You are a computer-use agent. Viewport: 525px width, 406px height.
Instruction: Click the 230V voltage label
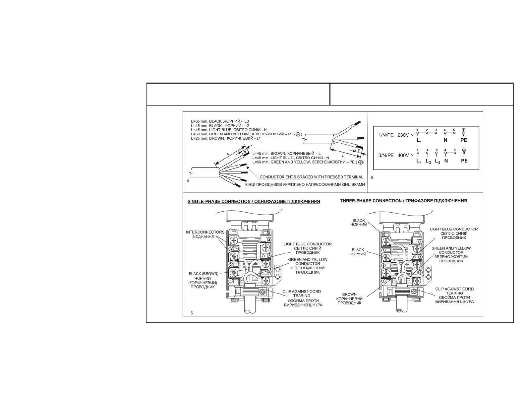(x=403, y=135)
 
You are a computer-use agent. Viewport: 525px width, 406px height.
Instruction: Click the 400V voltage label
(x=403, y=155)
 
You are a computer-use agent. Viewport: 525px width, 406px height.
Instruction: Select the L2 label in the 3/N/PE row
(x=428, y=161)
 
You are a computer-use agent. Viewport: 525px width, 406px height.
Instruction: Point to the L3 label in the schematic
(x=437, y=161)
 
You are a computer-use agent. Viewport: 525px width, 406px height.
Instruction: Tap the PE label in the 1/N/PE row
(x=464, y=140)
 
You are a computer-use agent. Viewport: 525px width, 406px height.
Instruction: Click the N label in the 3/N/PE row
(x=446, y=161)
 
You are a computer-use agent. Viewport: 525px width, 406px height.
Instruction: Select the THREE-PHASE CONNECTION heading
(x=403, y=201)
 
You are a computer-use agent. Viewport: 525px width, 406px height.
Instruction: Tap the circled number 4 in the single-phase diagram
(x=269, y=240)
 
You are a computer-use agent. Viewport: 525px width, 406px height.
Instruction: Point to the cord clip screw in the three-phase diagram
(x=414, y=292)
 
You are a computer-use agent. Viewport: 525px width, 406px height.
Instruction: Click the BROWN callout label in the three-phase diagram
(x=349, y=294)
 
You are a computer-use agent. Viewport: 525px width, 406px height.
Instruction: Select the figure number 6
(x=372, y=177)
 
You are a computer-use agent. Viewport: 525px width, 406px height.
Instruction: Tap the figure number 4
(x=188, y=181)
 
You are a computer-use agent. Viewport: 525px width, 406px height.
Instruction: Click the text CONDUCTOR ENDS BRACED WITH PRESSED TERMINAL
(x=311, y=177)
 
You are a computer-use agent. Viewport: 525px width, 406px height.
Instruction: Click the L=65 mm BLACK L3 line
(x=220, y=121)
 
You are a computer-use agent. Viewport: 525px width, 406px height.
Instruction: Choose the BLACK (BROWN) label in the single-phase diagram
(x=204, y=274)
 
